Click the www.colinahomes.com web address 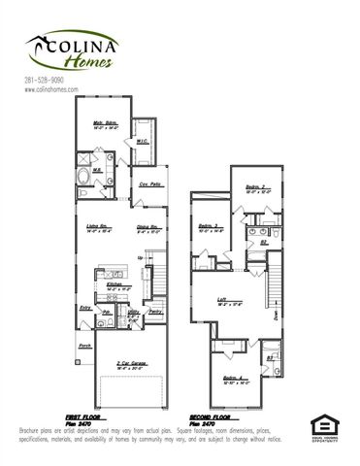[x=49, y=89]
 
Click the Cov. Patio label [x=148, y=183]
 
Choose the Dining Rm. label [x=147, y=229]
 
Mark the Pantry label [x=155, y=312]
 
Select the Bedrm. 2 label [x=256, y=186]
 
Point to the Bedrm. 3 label [x=211, y=228]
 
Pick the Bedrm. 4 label [x=230, y=379]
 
